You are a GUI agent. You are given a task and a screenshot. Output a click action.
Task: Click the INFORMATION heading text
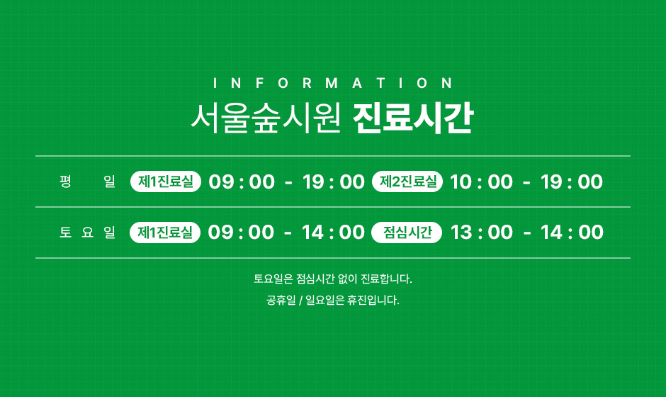tap(333, 82)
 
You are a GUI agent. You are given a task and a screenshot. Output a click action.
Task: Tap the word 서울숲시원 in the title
tap(266, 118)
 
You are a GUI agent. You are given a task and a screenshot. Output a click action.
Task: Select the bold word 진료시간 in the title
tap(413, 118)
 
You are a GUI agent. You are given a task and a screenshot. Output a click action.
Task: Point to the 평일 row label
tap(87, 181)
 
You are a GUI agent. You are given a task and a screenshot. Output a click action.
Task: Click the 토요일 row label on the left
tap(87, 232)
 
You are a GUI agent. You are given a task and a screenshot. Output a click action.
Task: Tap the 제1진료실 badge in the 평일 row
tap(166, 181)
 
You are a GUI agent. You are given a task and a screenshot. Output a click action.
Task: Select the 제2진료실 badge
tap(407, 181)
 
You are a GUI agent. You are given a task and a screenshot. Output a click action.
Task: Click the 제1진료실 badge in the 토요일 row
tap(165, 232)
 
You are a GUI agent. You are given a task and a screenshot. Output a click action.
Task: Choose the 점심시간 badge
tap(407, 232)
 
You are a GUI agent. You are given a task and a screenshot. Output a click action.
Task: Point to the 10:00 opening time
tap(481, 182)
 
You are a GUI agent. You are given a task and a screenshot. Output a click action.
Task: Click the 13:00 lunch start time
tap(482, 233)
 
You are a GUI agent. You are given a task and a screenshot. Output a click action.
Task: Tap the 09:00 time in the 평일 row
tap(242, 182)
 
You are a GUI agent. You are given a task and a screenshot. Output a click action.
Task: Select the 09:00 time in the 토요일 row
tap(242, 233)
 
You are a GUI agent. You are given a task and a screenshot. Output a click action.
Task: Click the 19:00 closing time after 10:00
tap(572, 182)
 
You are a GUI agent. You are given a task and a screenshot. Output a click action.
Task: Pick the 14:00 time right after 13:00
tap(572, 233)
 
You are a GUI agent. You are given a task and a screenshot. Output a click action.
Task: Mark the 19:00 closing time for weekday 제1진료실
tap(334, 182)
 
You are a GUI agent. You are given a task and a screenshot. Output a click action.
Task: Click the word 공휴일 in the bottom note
tap(281, 300)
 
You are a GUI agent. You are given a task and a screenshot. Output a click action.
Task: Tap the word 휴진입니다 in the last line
tap(373, 300)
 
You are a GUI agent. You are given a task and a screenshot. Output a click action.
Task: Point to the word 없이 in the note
tap(348, 279)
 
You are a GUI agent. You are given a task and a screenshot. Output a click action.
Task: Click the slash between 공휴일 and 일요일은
tap(300, 301)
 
